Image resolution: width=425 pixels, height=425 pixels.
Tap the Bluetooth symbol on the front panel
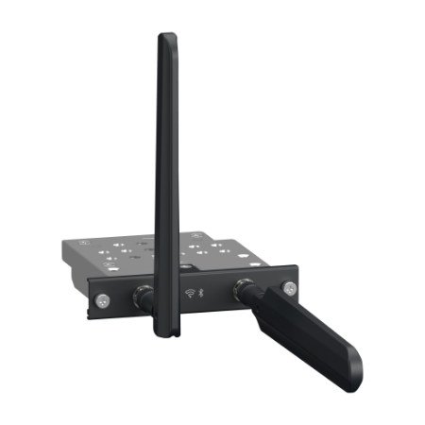coord(211,294)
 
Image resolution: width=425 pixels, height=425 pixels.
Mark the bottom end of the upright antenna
coord(163,340)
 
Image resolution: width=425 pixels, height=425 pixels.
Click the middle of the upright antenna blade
coord(166,189)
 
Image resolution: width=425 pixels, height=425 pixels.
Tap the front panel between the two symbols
coord(200,294)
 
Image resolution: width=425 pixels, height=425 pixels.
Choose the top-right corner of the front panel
coord(298,266)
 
